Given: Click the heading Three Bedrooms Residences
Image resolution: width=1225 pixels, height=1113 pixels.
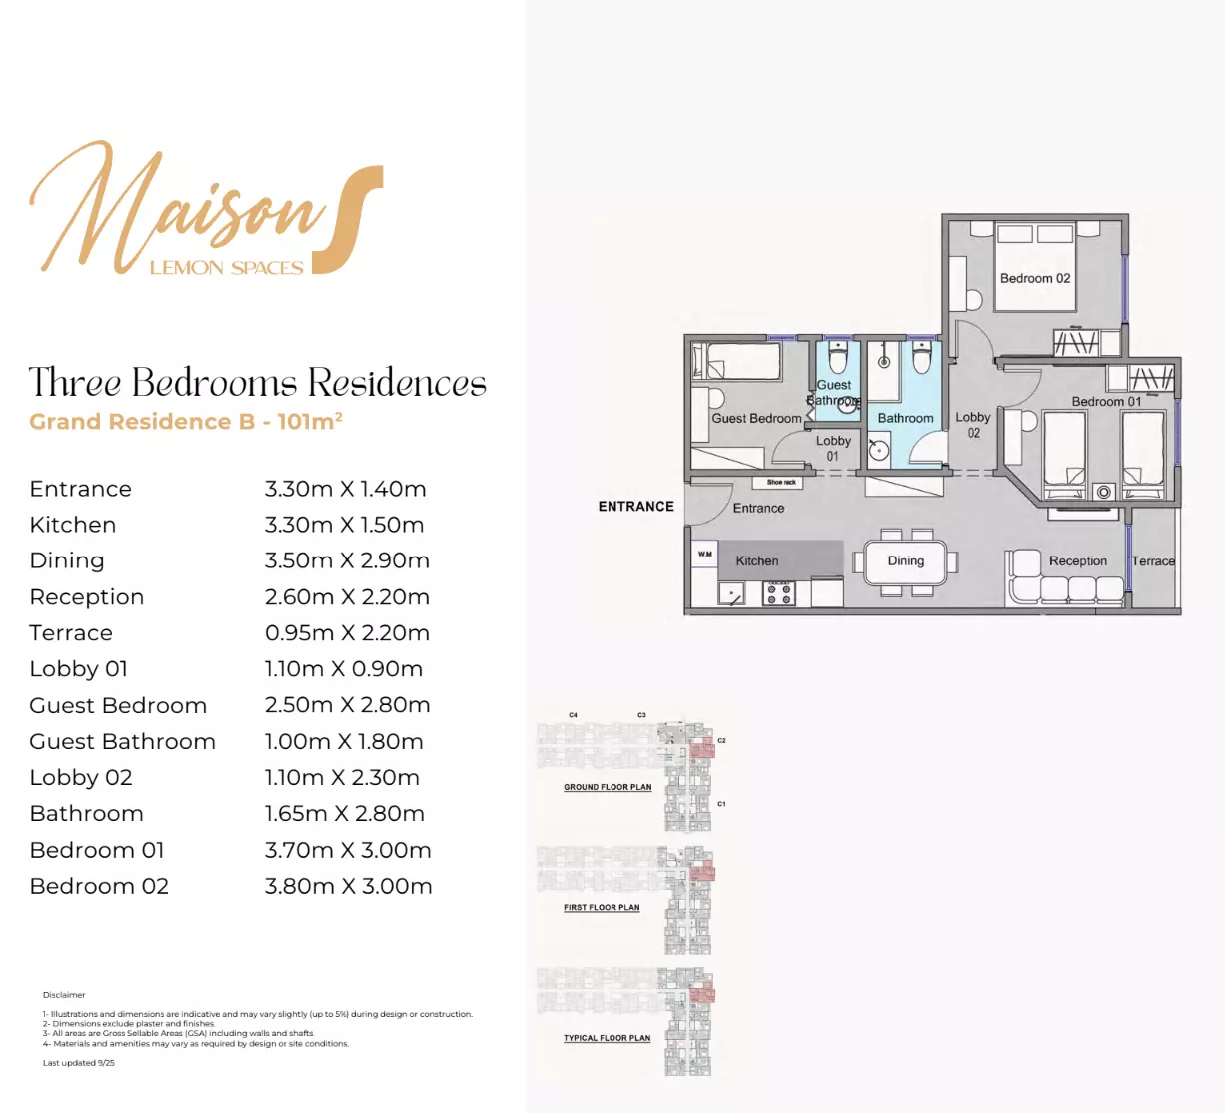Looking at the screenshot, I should [x=257, y=383].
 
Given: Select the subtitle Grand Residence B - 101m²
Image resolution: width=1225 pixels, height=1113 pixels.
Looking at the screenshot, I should [x=186, y=422].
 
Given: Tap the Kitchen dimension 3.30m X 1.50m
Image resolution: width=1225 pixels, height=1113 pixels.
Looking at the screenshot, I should [x=344, y=525].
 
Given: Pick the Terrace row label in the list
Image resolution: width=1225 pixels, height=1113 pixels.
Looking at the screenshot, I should [x=71, y=633].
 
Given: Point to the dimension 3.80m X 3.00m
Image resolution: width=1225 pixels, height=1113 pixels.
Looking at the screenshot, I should [x=348, y=886].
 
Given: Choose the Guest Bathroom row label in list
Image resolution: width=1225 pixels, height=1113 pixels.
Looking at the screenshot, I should [x=122, y=741].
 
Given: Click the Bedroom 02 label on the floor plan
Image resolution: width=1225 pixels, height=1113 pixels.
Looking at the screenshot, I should [x=1034, y=278].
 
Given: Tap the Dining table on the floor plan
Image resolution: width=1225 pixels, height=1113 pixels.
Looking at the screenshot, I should [x=905, y=561].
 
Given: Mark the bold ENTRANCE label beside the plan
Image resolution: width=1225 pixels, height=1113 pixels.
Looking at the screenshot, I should [x=635, y=507].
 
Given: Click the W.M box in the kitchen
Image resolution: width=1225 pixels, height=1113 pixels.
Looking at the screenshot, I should [x=705, y=554].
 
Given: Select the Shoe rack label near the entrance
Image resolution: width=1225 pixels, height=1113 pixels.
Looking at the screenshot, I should [x=781, y=482].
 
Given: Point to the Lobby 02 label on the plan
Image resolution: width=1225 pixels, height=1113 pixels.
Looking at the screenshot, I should [x=972, y=425].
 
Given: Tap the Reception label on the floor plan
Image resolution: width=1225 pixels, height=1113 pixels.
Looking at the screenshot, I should [x=1077, y=561].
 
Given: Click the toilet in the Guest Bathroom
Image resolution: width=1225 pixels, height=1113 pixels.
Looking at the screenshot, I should [x=837, y=358].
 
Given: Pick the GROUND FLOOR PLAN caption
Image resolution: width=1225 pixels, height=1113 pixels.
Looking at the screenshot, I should [x=608, y=787].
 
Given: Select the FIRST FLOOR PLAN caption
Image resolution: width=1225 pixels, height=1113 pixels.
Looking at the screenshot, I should [x=602, y=908].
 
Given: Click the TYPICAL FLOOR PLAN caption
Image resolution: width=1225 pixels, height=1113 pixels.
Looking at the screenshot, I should [x=607, y=1038].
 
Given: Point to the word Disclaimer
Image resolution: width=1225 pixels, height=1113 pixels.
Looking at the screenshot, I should [x=64, y=995].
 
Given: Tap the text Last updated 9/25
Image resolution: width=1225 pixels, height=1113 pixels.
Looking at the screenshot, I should [x=78, y=1063].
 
